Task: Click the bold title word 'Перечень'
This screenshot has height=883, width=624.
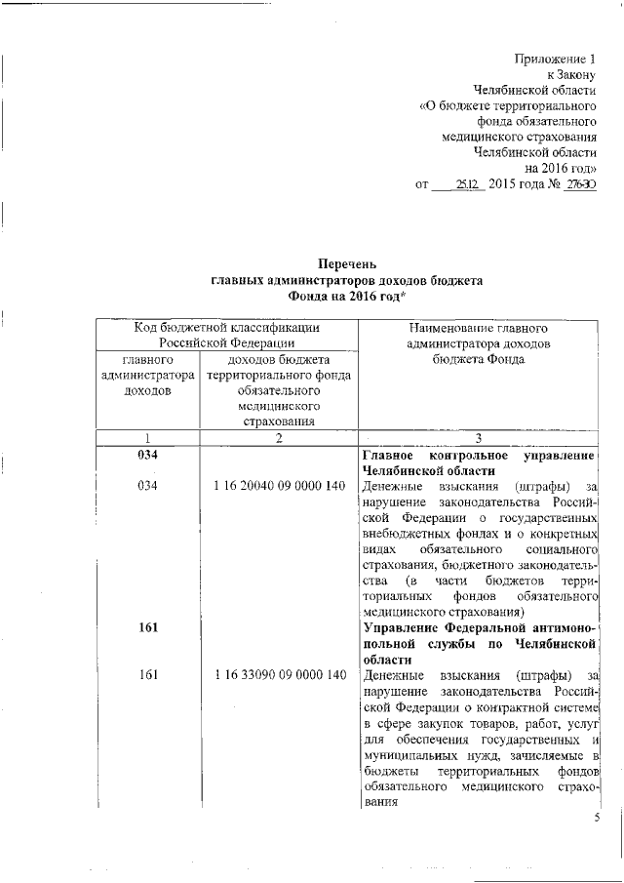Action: (x=347, y=264)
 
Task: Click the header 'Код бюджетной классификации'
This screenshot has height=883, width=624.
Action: (x=227, y=329)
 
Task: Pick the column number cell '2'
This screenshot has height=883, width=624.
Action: (x=278, y=438)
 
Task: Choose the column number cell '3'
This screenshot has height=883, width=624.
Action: (x=478, y=438)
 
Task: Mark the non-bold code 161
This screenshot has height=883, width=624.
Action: (x=147, y=675)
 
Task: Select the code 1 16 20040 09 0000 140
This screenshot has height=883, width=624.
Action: (x=279, y=485)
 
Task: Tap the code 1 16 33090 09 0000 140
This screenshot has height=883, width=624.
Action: (x=279, y=675)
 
